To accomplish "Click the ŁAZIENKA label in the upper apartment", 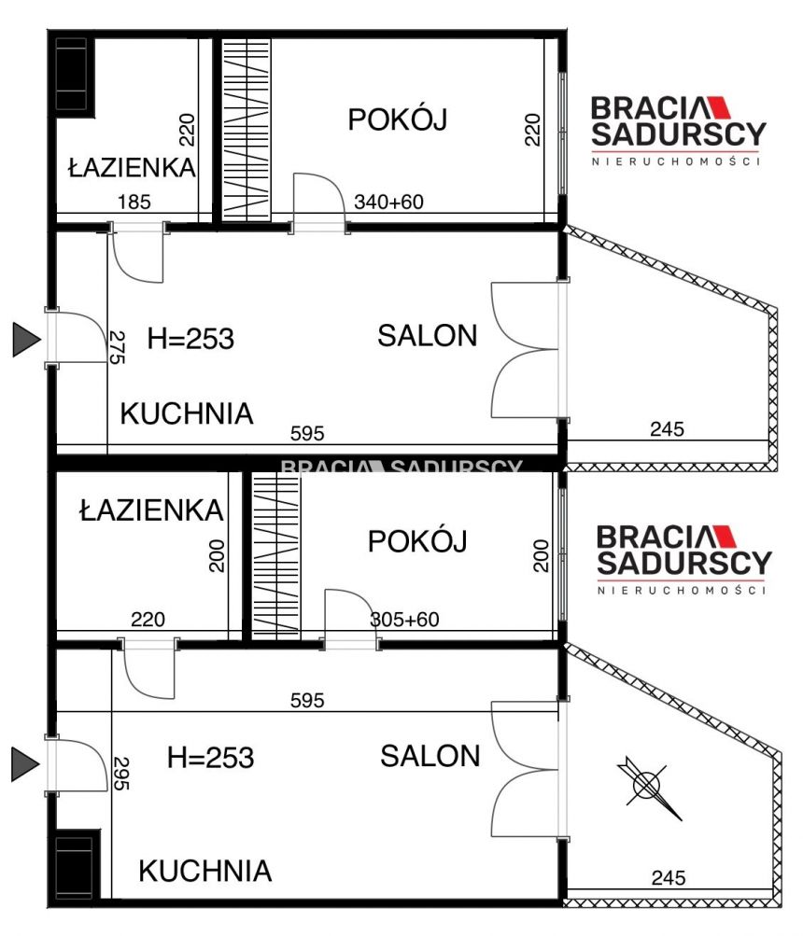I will (132, 168).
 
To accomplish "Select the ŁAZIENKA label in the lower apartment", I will (151, 510).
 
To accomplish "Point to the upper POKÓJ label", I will (398, 119).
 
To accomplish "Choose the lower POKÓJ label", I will (416, 541).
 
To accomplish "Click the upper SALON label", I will (428, 336).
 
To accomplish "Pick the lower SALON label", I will (430, 756).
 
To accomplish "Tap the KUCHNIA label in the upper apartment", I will (187, 413).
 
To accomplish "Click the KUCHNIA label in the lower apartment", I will (205, 872).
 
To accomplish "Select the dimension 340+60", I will (388, 202).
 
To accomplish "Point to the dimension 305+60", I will (404, 618).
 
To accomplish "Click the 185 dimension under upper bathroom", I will (134, 202).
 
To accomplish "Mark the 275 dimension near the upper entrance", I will (118, 347).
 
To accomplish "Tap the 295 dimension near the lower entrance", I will (119, 772).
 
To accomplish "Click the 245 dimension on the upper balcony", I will (666, 429).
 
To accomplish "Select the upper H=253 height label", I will (190, 339).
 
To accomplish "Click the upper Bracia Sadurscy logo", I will (677, 131).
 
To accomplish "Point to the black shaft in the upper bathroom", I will (73, 75).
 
